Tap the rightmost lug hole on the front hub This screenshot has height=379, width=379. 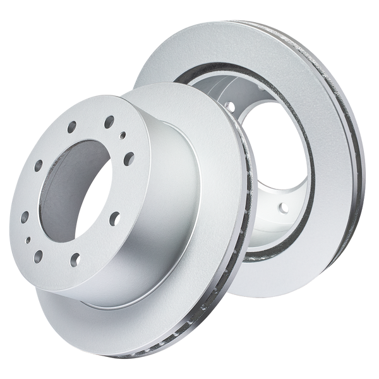pos(129,154)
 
